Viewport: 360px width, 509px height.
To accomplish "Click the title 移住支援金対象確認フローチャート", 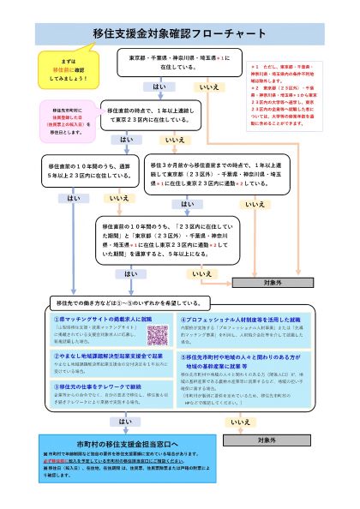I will tap(180, 33).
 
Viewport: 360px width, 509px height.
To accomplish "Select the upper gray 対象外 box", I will tap(271, 281).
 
